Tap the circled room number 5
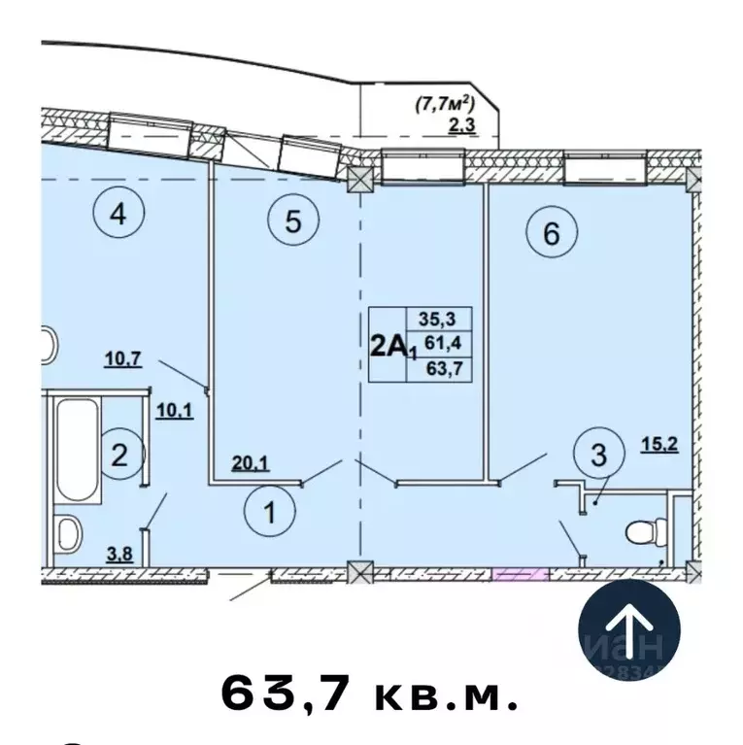[292, 222]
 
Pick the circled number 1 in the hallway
[272, 512]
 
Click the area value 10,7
[124, 358]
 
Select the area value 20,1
[251, 463]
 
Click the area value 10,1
[175, 409]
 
